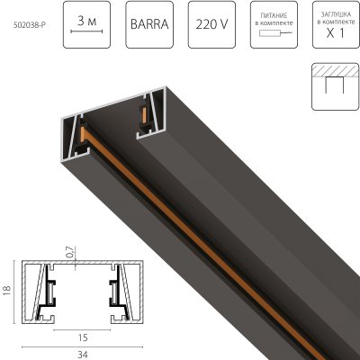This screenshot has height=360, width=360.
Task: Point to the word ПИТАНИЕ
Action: pos(274,14)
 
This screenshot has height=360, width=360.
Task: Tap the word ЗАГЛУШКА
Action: pos(333,14)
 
